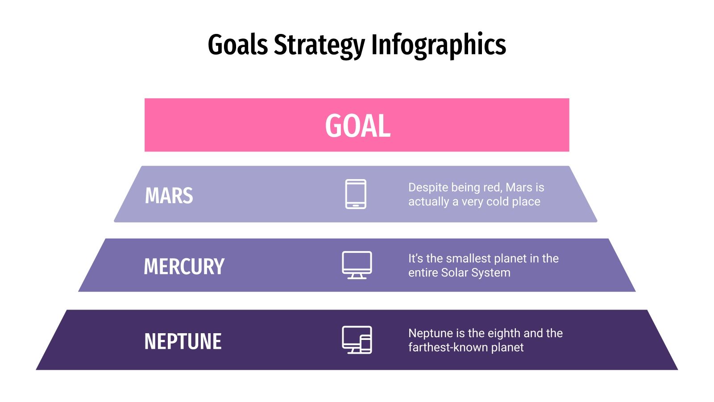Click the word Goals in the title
pyautogui.click(x=238, y=45)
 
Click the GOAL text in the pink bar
pyautogui.click(x=357, y=126)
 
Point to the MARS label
pyautogui.click(x=169, y=196)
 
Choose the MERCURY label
pyautogui.click(x=184, y=267)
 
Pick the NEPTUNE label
pyautogui.click(x=183, y=342)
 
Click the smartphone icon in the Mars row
pyautogui.click(x=356, y=194)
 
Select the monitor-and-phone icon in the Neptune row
pyautogui.click(x=357, y=340)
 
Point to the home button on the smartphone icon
pyautogui.click(x=356, y=205)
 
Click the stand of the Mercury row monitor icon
pyautogui.click(x=357, y=276)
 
